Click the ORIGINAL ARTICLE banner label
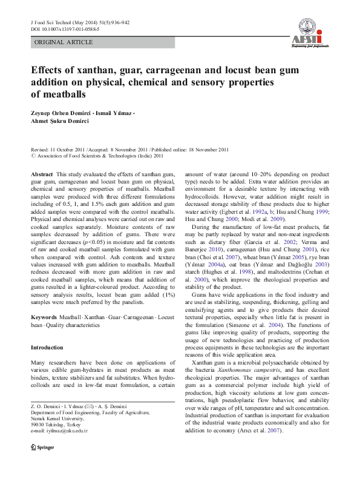pyautogui.click(x=64, y=42)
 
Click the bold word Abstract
pyautogui.click(x=41, y=174)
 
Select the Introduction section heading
pyautogui.click(x=47, y=348)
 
